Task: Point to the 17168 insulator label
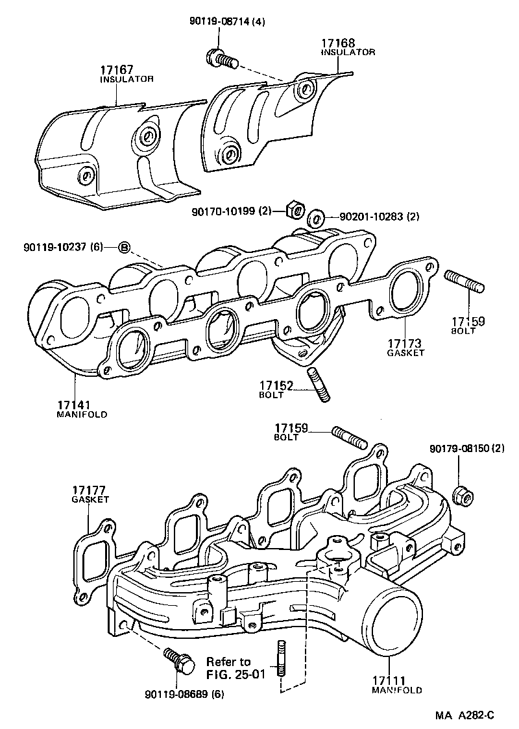[x=348, y=48]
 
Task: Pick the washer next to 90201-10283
[x=317, y=217]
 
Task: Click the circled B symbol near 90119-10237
[x=125, y=247]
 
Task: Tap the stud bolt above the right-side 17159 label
[x=464, y=285]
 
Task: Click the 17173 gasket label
[x=405, y=347]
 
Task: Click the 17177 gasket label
[x=90, y=494]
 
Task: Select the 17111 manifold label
[x=396, y=685]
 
